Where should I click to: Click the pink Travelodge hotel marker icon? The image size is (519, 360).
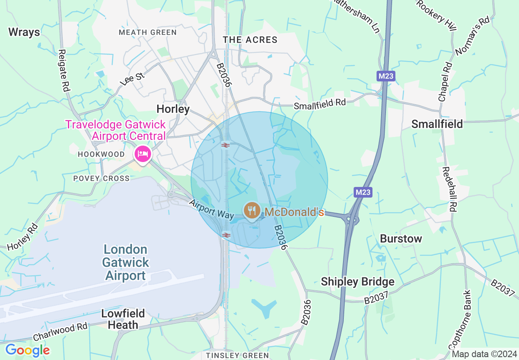pos(143,154)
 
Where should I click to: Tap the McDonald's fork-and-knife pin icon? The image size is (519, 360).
pos(251,211)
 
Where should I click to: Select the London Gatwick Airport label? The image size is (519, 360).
pos(125,262)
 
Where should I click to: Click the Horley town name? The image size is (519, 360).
pos(173,109)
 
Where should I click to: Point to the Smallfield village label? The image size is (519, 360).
pos(437,124)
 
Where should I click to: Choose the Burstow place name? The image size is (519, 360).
pos(401,239)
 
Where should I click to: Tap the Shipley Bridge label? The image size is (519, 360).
pos(357,281)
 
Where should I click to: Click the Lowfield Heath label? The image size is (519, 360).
pos(123,319)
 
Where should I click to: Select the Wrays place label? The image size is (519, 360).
pos(24,32)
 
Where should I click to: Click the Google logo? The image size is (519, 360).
pos(27,350)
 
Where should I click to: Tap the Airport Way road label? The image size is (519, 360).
pos(211,209)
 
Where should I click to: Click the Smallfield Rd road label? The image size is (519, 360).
pos(320,104)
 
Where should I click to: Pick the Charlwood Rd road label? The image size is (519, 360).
pos(60,332)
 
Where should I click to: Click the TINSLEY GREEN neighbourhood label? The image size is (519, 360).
pos(237,355)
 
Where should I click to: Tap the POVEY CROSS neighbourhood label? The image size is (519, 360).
pos(101,178)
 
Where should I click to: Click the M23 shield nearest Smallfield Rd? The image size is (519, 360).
pos(386,76)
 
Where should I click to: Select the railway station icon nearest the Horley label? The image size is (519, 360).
pos(225,145)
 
